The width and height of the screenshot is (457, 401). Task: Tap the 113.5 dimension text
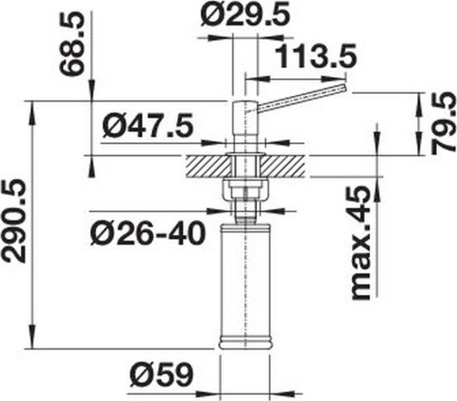(x=316, y=55)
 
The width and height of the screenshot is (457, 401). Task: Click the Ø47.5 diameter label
(x=148, y=125)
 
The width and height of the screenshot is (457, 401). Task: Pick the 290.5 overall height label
(x=14, y=220)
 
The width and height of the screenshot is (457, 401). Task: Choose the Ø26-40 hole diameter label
(x=148, y=233)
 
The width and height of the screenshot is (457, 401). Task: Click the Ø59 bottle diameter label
(x=162, y=374)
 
